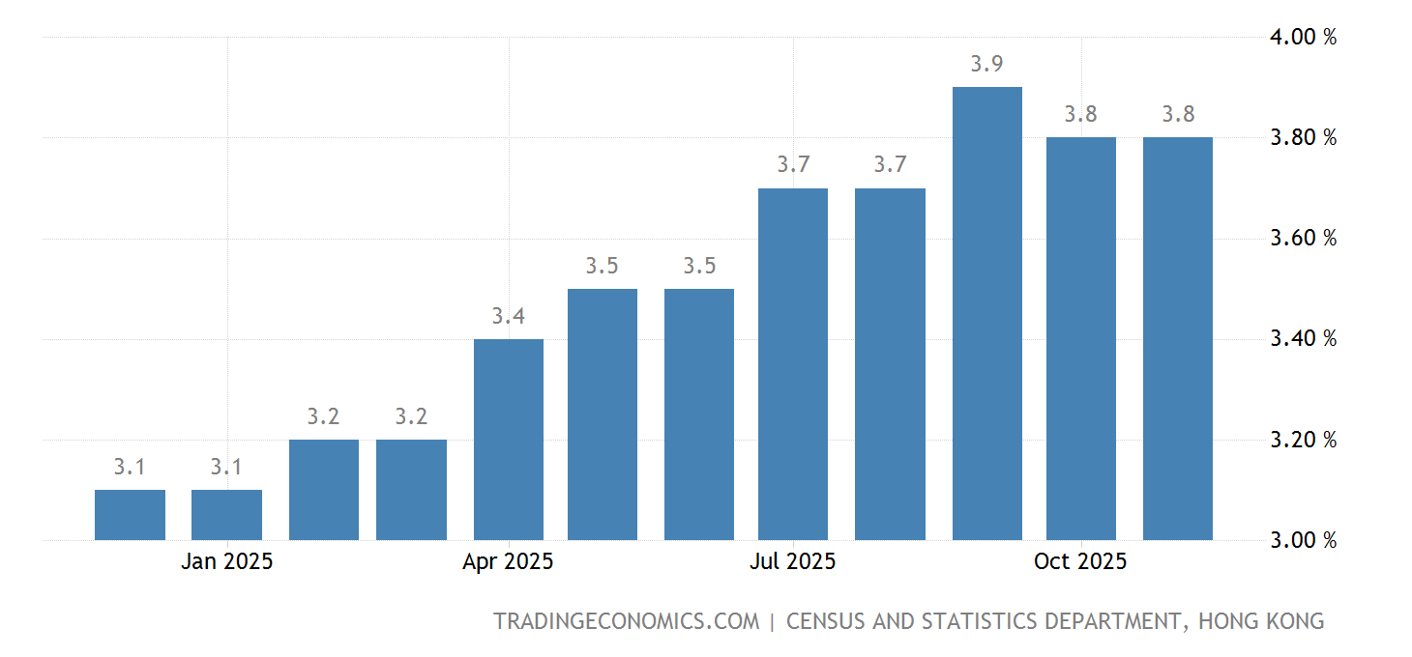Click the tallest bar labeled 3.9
tap(986, 313)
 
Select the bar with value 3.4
tap(508, 439)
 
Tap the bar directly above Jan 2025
tap(226, 514)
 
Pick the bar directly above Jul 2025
tap(793, 363)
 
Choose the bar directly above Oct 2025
tap(1080, 338)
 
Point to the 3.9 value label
tap(986, 65)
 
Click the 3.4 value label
tap(508, 316)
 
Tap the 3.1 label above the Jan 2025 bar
tap(226, 468)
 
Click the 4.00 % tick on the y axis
tap(1303, 38)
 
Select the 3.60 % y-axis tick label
tap(1303, 239)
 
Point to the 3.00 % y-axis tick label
tap(1303, 540)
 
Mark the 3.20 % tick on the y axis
tap(1303, 440)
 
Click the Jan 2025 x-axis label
tap(226, 561)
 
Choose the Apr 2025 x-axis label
tap(508, 561)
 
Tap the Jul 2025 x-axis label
tap(793, 561)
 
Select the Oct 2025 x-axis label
tap(1080, 561)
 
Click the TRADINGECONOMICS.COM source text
tap(626, 621)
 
